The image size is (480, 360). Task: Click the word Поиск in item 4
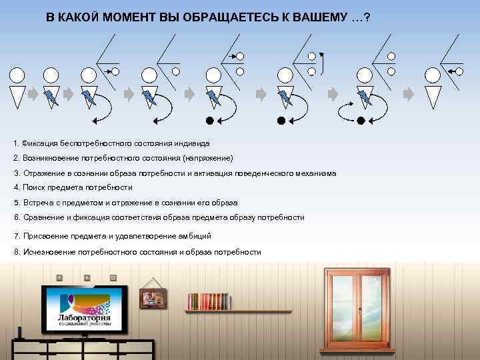[33, 188]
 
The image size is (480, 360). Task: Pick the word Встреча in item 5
[37, 203]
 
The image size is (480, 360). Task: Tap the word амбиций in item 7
[195, 236]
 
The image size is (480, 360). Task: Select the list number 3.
[15, 173]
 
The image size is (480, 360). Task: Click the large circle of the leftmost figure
[17, 73]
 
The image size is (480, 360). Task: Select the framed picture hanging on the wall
[153, 298]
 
